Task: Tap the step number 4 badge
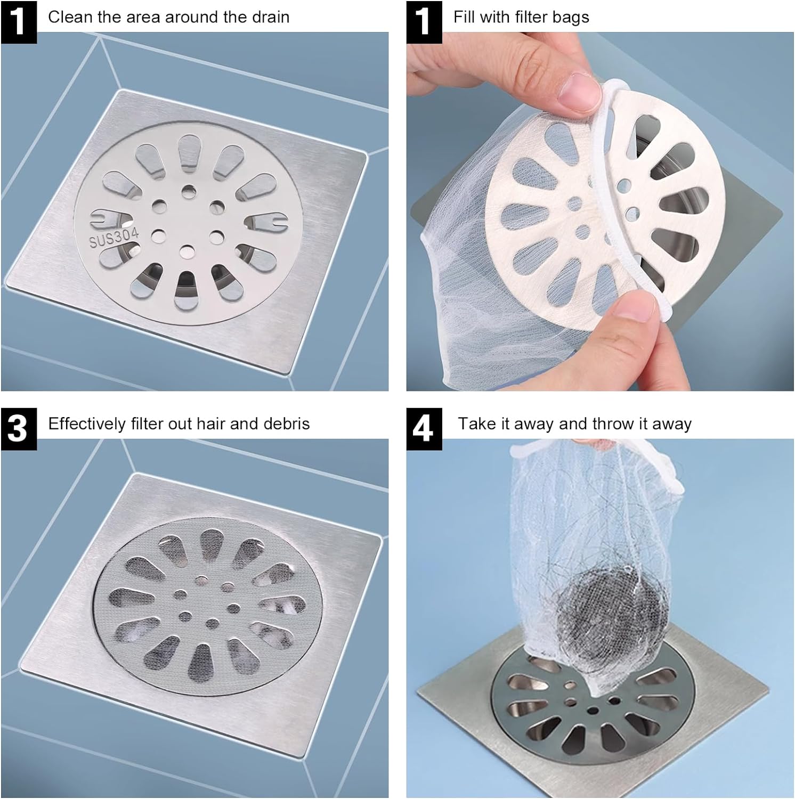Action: click(424, 428)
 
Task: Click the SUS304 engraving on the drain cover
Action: click(113, 237)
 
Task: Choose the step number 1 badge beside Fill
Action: click(424, 21)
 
